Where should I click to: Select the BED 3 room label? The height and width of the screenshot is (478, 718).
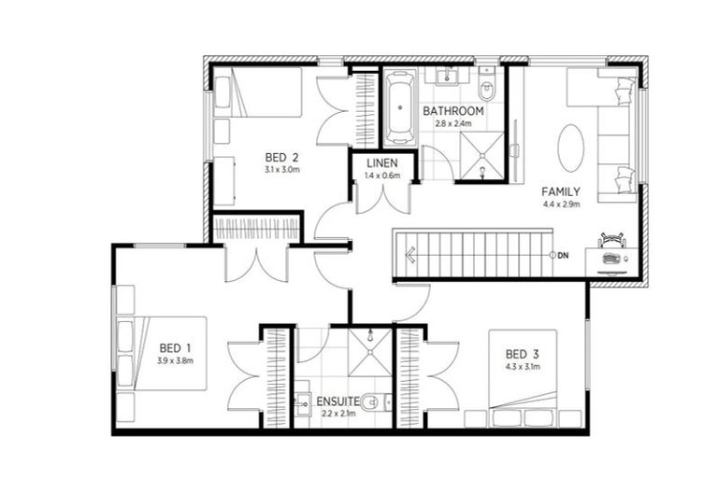(522, 354)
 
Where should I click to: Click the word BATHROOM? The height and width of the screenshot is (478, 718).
(453, 110)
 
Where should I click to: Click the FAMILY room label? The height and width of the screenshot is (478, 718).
(561, 191)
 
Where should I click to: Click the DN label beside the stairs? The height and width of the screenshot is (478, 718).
(563, 255)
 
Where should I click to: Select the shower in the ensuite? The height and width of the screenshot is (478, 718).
(369, 351)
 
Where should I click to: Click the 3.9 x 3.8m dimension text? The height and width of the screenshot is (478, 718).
(175, 360)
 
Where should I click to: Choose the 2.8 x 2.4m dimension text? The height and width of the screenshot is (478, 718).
(453, 122)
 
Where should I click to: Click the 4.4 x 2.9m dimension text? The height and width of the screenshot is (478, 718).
(561, 204)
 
